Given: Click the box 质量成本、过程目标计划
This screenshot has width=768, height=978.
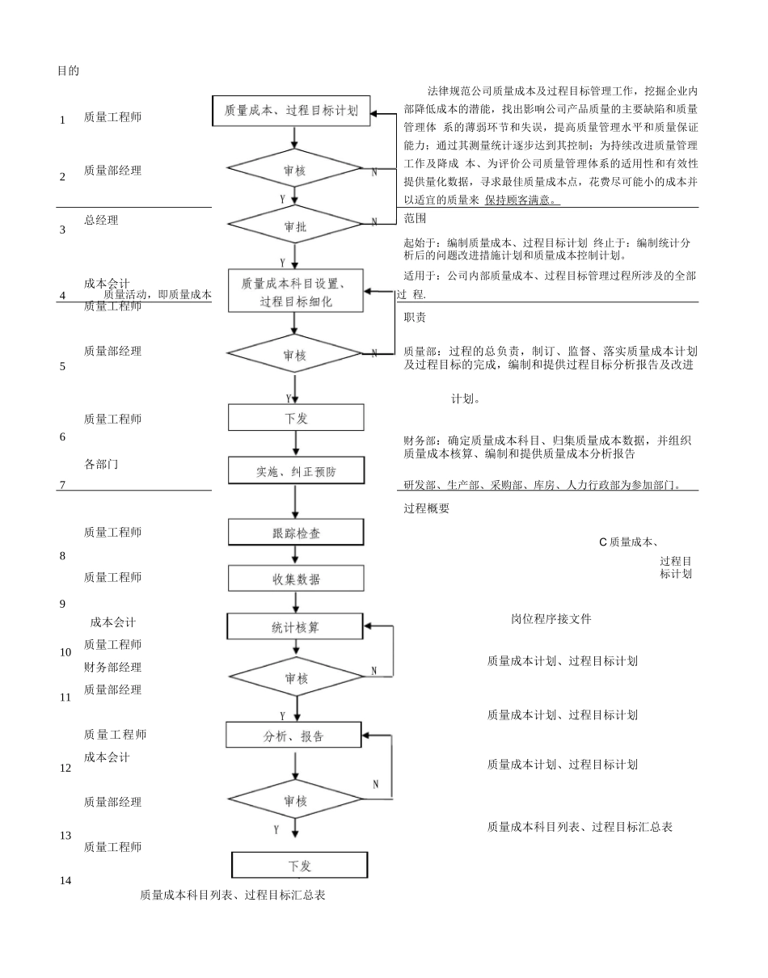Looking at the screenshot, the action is click(x=291, y=111).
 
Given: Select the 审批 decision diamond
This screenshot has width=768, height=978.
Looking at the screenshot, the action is click(x=295, y=226).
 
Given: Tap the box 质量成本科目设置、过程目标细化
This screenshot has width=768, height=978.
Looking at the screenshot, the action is click(x=295, y=291).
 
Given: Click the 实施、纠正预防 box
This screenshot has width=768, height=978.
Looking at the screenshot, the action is click(x=296, y=471).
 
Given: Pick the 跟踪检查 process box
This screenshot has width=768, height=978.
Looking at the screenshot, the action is click(x=296, y=533).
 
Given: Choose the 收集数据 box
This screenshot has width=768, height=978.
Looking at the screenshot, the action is click(x=296, y=579).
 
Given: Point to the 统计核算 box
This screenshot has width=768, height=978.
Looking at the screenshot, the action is click(x=295, y=626).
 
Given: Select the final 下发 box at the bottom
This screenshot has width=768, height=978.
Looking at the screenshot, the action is click(x=299, y=865).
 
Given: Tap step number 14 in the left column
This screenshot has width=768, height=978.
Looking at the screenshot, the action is click(x=65, y=880).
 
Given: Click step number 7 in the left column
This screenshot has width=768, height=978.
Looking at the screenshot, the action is click(x=61, y=485).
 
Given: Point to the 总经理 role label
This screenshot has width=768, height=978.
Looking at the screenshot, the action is click(x=101, y=220).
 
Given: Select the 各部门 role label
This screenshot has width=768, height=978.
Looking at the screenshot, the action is click(x=101, y=464).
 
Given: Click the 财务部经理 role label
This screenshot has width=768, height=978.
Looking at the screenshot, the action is click(x=112, y=667).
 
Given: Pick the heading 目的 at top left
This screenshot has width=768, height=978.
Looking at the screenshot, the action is click(x=68, y=71).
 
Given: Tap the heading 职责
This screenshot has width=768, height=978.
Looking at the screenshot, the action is click(x=415, y=318).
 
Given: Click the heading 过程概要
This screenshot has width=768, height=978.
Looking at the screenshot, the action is click(x=426, y=508).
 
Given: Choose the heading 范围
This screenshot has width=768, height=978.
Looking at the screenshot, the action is click(x=415, y=218).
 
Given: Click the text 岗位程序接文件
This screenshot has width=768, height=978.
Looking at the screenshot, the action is click(x=551, y=619).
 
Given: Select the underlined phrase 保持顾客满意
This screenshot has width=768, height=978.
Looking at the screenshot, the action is click(x=521, y=200).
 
